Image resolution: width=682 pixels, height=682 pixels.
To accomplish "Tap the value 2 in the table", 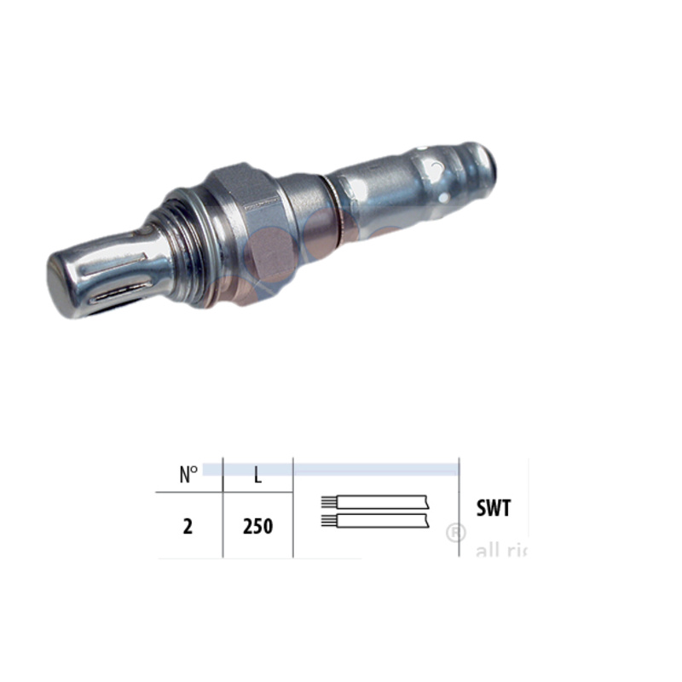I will (x=188, y=526).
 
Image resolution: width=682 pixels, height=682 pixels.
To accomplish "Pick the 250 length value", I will (x=257, y=526).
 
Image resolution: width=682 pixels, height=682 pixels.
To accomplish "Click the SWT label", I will (x=494, y=509).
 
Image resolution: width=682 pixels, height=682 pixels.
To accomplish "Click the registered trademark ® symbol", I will (x=456, y=533).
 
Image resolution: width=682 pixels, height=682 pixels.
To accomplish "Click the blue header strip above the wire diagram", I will (x=375, y=469).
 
